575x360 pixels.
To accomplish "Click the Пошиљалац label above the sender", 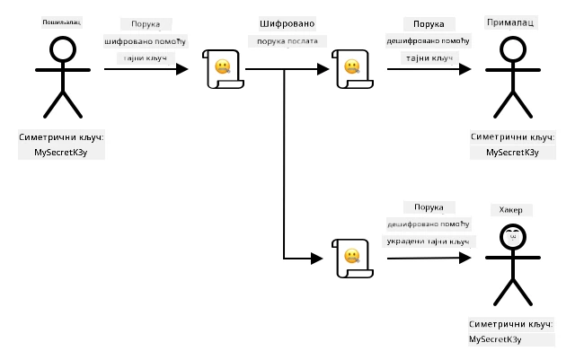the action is click(62, 22).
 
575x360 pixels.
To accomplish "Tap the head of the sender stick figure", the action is click(63, 49).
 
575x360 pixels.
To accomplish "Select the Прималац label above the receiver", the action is click(510, 22).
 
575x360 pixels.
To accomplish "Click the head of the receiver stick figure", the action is click(513, 49).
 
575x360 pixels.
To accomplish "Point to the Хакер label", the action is click(511, 210).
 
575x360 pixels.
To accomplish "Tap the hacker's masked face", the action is click(513, 237).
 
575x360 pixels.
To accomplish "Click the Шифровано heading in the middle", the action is click(287, 24).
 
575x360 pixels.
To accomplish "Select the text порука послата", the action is click(287, 41).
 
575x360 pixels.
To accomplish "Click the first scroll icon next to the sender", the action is click(223, 69).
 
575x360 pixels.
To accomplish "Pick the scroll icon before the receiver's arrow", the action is click(352, 69).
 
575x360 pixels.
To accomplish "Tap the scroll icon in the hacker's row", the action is click(352, 259).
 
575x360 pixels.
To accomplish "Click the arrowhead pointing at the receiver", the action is click(465, 69).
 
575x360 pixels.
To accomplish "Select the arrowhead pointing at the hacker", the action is click(465, 258).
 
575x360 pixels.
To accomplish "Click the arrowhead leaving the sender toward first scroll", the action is click(181, 69).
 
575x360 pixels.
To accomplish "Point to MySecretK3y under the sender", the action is click(61, 153).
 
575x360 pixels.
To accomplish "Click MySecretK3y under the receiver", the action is click(512, 153).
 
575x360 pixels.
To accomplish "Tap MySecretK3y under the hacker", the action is click(495, 339).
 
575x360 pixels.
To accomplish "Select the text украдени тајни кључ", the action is click(428, 241).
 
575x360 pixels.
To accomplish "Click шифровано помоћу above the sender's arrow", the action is click(146, 41).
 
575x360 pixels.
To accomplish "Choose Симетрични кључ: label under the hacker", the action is click(511, 324).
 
